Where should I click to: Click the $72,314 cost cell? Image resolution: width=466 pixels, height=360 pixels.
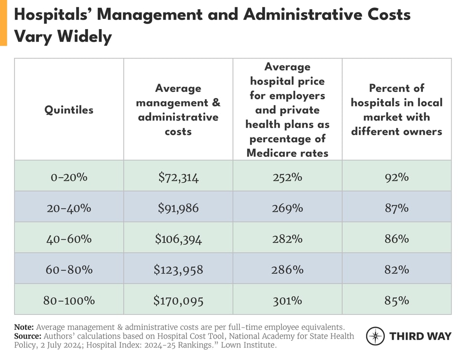(x=178, y=177)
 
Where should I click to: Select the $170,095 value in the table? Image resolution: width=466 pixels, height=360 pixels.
(x=178, y=301)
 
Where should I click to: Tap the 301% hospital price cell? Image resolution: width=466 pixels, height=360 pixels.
(x=287, y=301)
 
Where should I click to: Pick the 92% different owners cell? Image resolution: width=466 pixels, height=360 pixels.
(x=397, y=177)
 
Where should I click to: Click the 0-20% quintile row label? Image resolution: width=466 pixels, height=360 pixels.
(x=69, y=177)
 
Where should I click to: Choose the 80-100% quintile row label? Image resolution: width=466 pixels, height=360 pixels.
(x=69, y=301)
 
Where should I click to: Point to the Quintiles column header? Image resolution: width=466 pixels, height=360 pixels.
(x=69, y=110)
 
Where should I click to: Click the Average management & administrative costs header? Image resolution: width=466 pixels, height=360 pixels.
(x=178, y=110)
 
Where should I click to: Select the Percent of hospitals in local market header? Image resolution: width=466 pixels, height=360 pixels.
(x=397, y=110)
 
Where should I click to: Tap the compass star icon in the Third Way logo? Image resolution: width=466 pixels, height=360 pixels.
(x=375, y=336)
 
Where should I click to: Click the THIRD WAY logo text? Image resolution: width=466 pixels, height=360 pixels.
(x=420, y=336)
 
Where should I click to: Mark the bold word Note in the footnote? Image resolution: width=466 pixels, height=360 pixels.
(x=24, y=327)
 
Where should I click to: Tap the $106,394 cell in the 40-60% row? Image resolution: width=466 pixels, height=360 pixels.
(x=178, y=239)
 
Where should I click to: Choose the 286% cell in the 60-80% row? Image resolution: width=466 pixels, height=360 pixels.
(x=287, y=270)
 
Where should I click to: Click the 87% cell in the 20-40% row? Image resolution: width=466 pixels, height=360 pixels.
(x=397, y=208)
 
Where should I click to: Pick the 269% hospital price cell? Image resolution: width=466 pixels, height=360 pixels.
(x=287, y=208)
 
